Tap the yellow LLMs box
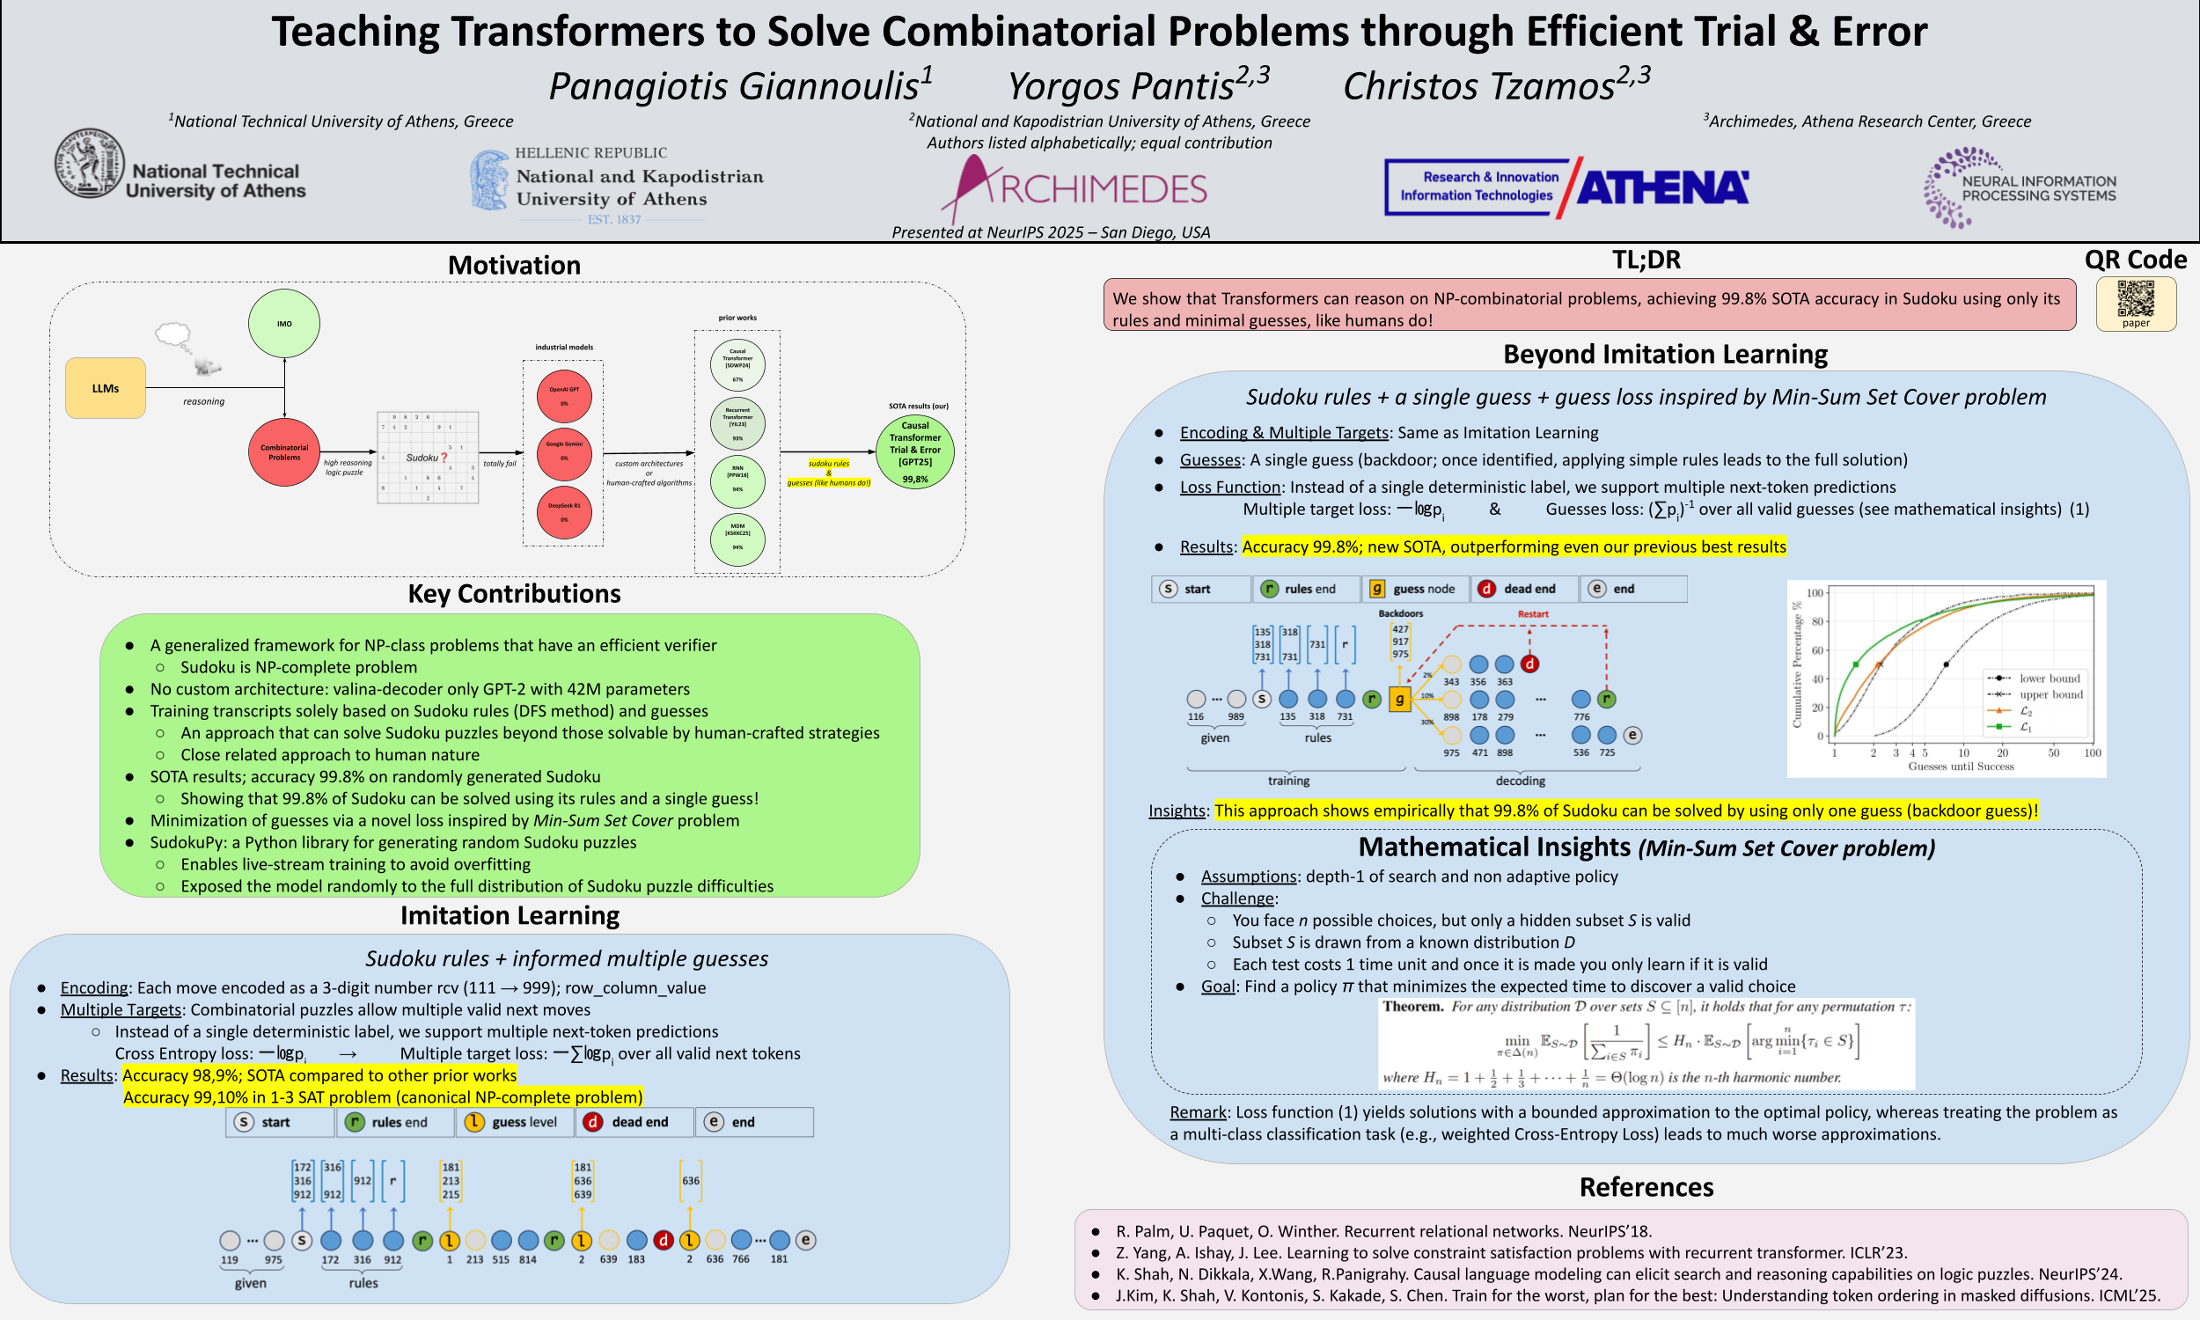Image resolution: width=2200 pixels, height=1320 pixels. [x=105, y=388]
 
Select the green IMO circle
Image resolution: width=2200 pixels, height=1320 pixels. [x=283, y=324]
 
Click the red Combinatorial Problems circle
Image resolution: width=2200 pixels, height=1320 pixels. [x=283, y=451]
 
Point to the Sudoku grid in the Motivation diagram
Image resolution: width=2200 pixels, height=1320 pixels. [x=428, y=458]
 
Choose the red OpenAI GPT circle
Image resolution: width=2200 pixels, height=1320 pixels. [x=564, y=396]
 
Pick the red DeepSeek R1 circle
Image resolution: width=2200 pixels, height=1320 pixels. [x=564, y=511]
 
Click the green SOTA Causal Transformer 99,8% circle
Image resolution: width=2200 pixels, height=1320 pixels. [x=914, y=451]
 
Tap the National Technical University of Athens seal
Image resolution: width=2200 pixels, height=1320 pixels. [x=89, y=163]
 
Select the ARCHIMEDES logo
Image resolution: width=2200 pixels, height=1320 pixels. [x=1076, y=188]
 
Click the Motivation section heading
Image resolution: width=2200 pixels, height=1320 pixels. [x=514, y=265]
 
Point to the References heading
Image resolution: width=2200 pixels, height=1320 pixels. [x=1646, y=1186]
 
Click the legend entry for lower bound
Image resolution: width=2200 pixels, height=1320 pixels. [x=2049, y=678]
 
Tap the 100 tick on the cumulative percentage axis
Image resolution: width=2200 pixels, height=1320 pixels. [x=1814, y=592]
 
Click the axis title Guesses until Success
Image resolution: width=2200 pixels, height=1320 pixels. [x=1960, y=766]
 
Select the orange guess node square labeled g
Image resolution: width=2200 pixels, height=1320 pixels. [x=1400, y=699]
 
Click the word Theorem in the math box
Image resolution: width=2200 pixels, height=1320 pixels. [x=1412, y=1006]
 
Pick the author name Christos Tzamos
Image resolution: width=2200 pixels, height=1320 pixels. [x=1478, y=86]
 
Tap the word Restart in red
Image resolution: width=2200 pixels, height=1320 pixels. [x=1532, y=613]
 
